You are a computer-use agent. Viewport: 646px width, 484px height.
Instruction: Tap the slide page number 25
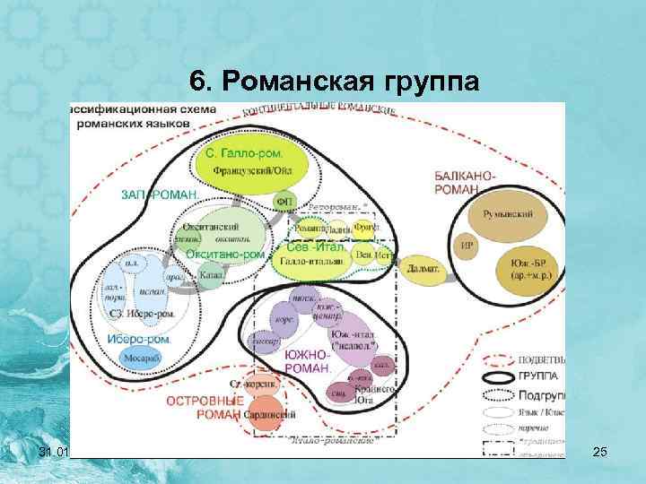(x=600, y=457)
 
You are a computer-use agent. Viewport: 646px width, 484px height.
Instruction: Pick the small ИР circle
(x=467, y=244)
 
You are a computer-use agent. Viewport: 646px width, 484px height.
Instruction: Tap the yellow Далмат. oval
(x=423, y=267)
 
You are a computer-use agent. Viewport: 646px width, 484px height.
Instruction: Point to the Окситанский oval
(x=217, y=229)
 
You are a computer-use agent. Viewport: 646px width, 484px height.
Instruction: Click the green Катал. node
(x=212, y=276)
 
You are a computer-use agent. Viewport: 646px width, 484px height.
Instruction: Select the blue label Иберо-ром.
(x=134, y=338)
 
